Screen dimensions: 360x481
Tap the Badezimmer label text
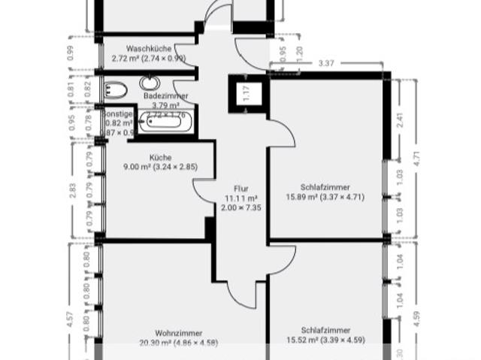(x=166, y=96)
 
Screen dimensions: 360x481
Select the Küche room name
(x=159, y=157)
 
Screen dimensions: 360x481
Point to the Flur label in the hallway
(x=240, y=189)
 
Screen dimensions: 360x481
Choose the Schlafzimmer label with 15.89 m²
(x=325, y=187)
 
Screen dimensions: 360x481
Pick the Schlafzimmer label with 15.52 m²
(x=325, y=330)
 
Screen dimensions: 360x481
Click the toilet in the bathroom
(x=116, y=91)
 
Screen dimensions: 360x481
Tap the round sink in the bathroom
(x=150, y=83)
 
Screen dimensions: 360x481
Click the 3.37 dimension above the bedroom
(x=327, y=63)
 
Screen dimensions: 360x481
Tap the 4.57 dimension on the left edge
(x=71, y=318)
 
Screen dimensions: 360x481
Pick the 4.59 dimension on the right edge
(x=415, y=309)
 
